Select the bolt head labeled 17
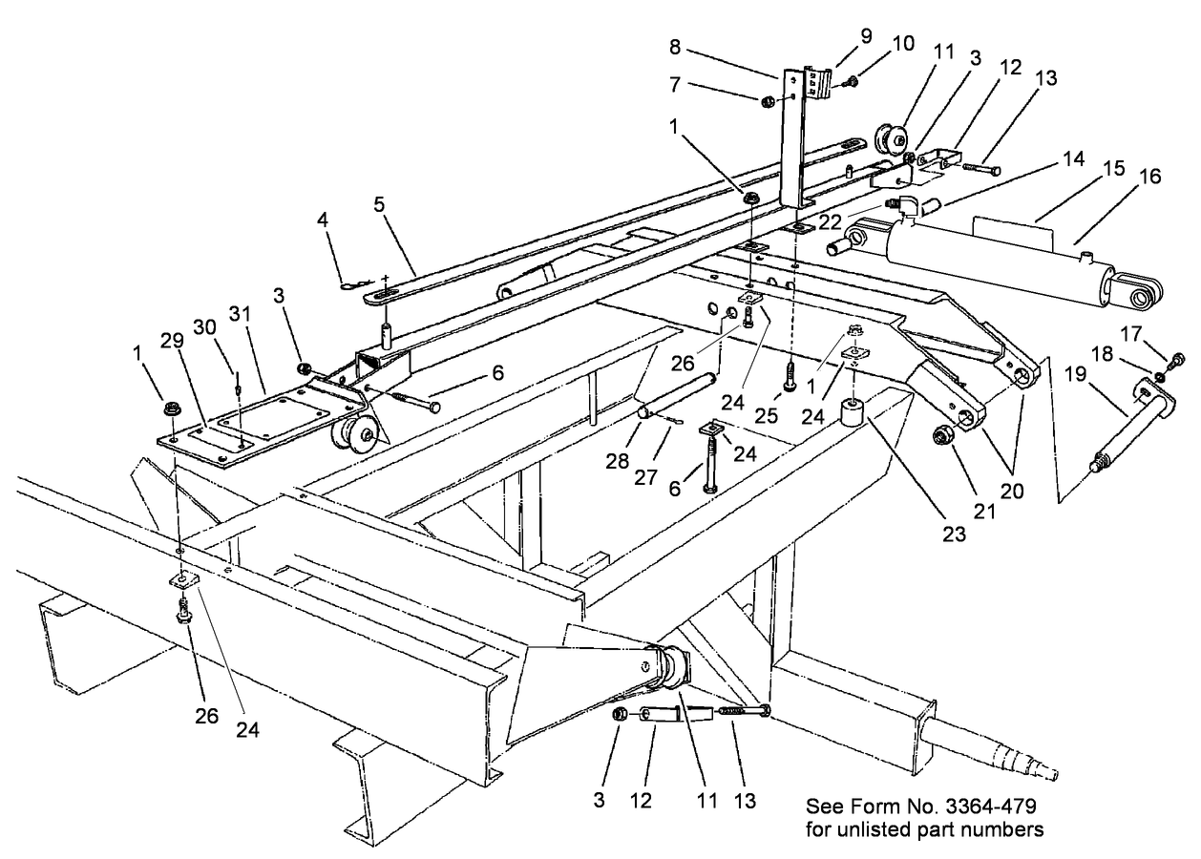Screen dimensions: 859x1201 tap(1178, 359)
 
